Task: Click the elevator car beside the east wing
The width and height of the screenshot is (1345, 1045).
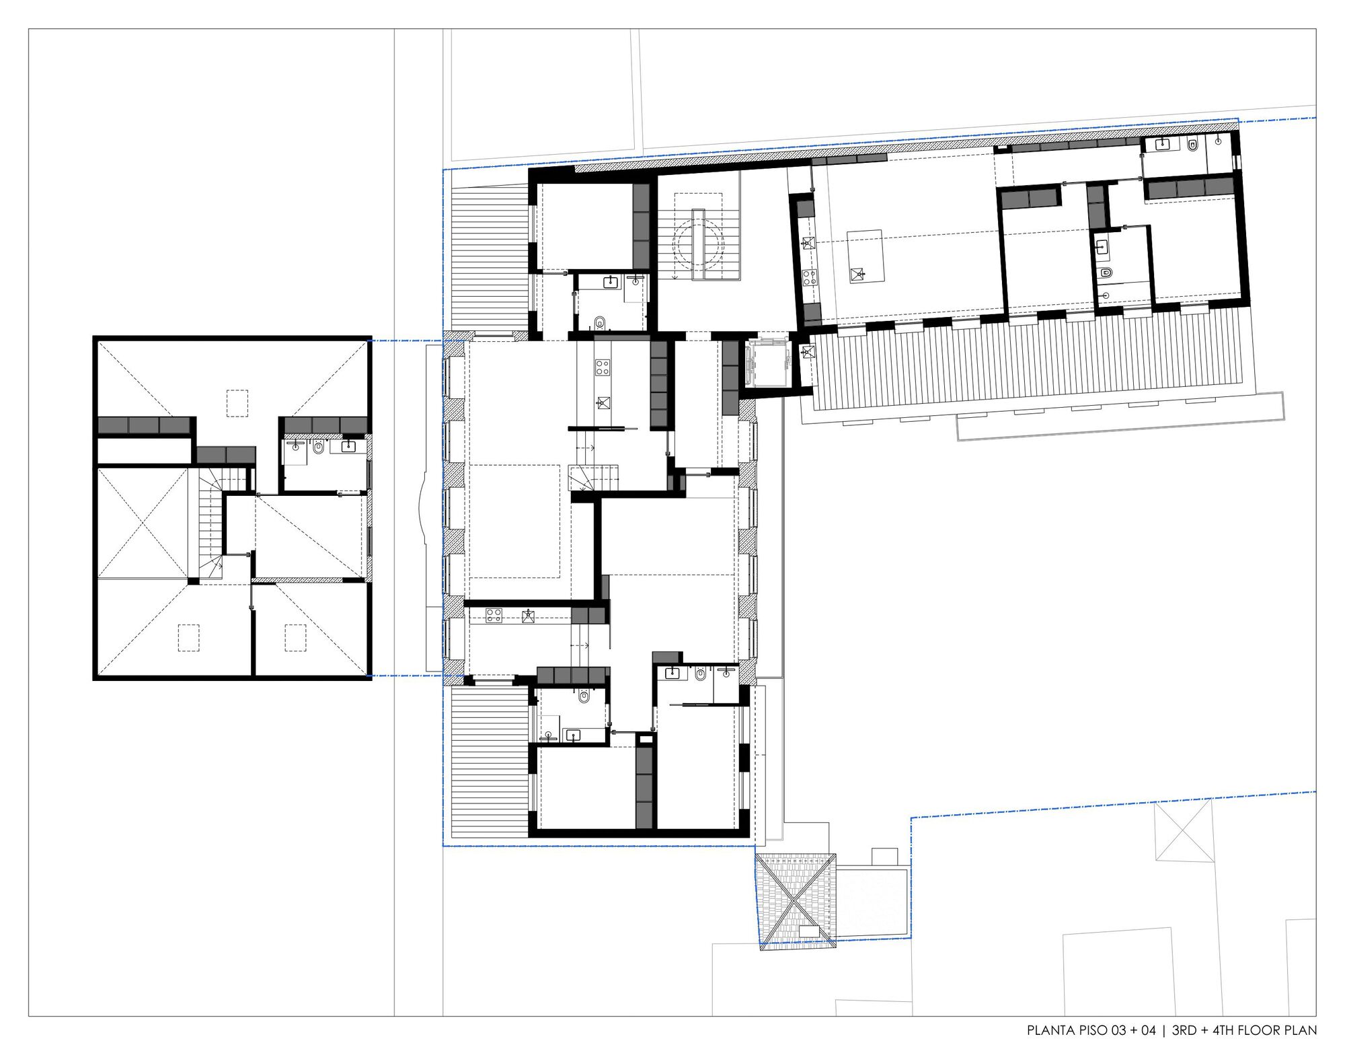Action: (x=767, y=363)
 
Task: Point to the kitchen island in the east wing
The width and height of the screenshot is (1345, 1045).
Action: (x=865, y=256)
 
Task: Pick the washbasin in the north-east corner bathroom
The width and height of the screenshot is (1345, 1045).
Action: (x=1163, y=143)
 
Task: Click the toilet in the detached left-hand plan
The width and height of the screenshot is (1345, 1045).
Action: (x=318, y=447)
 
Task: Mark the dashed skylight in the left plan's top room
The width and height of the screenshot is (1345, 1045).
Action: (x=237, y=403)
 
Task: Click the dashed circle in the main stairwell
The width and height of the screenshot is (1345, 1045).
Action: (x=699, y=244)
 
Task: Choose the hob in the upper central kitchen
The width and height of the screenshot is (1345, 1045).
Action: (x=602, y=367)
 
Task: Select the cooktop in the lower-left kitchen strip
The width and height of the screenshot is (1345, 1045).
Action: (x=494, y=615)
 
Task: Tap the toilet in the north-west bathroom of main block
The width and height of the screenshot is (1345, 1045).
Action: (x=601, y=322)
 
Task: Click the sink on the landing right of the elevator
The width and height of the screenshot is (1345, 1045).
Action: (x=808, y=351)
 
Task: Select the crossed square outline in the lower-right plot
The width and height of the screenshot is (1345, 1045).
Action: (x=1183, y=832)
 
